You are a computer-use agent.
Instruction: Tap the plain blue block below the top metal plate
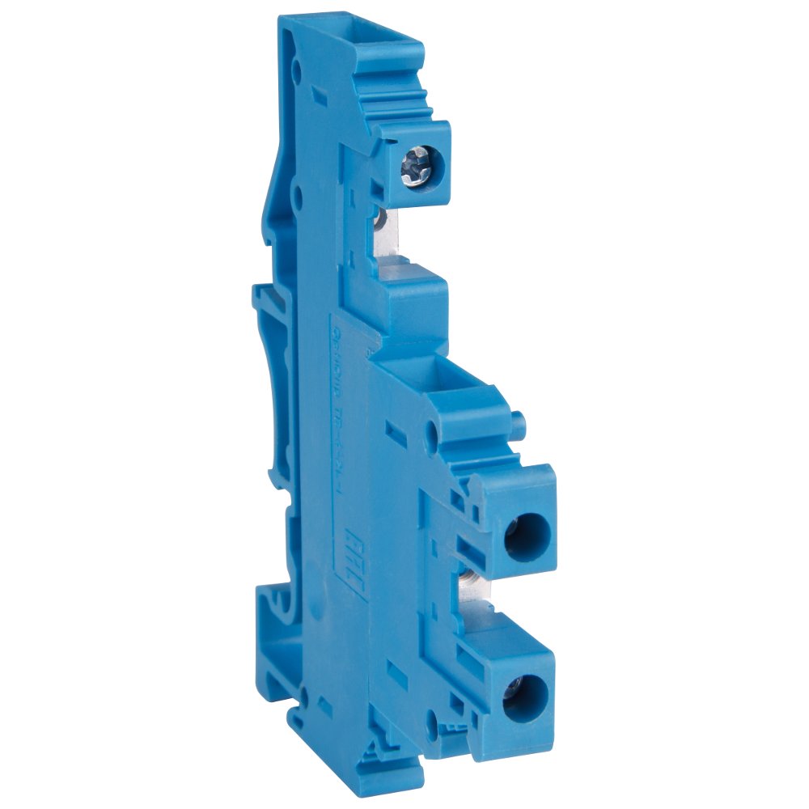point(417,303)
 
